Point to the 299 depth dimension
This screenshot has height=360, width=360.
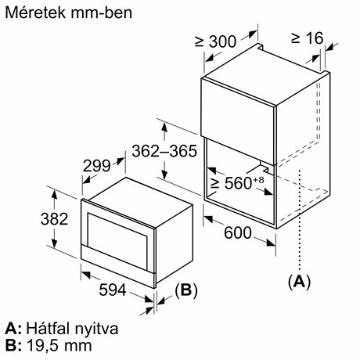[x=97, y=166]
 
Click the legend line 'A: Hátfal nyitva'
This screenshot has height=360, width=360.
[x=61, y=329]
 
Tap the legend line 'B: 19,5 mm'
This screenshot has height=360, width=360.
[x=48, y=345]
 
